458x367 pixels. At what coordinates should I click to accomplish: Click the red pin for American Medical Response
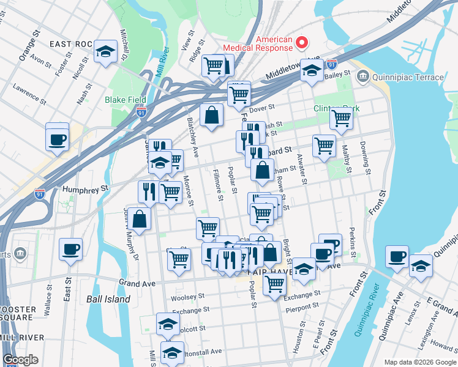tap(301, 42)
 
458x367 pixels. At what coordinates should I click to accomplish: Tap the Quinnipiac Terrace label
tap(408, 77)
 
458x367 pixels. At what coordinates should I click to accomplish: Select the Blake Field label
tap(125, 99)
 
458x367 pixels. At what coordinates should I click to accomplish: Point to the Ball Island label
tap(108, 299)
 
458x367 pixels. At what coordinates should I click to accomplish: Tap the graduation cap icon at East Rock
tap(106, 52)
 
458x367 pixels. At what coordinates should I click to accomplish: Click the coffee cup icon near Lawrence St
tap(57, 138)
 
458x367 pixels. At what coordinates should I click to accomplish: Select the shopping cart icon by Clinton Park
tap(341, 118)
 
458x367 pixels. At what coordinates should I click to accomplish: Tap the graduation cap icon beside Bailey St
tap(312, 72)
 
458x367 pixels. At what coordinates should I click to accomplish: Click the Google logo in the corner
tap(20, 360)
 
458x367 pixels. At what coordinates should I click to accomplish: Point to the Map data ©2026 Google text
tap(419, 362)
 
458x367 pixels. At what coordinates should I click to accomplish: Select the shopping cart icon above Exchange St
tap(274, 283)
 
